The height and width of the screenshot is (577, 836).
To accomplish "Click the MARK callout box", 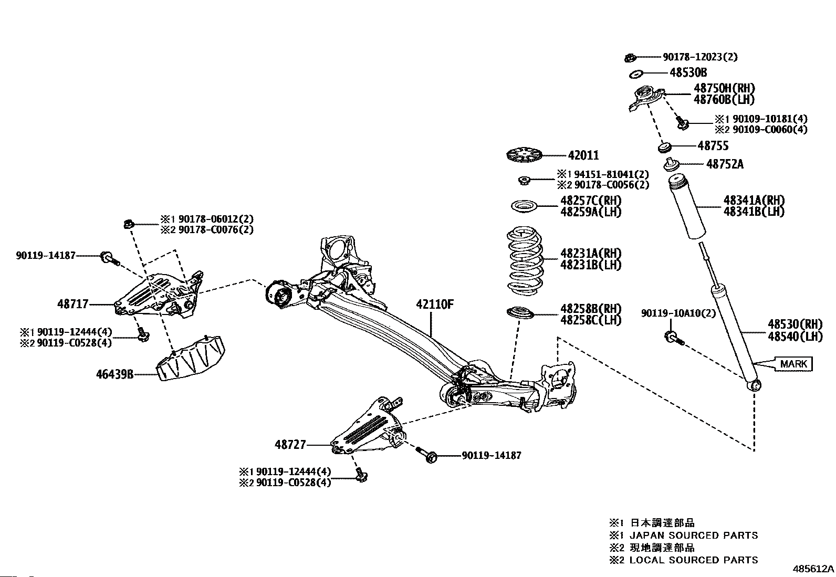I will click(793, 363).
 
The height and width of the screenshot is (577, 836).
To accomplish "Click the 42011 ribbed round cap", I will click(524, 156).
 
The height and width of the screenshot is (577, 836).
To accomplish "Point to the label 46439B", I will click(114, 374).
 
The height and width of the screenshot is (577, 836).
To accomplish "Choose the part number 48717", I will click(73, 304).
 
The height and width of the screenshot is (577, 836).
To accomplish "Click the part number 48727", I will click(290, 445).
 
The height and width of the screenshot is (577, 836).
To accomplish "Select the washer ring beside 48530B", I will click(636, 72).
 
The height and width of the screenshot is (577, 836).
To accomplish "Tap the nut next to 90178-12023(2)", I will click(630, 57).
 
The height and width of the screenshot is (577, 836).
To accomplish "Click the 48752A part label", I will click(725, 164).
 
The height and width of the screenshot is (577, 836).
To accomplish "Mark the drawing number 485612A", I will click(813, 569).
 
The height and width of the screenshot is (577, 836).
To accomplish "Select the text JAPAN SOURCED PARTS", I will click(694, 536).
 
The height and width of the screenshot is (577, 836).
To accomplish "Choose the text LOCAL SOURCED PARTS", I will click(694, 560).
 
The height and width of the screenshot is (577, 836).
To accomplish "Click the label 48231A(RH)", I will click(591, 253).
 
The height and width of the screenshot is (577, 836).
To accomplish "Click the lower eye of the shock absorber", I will click(754, 385).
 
